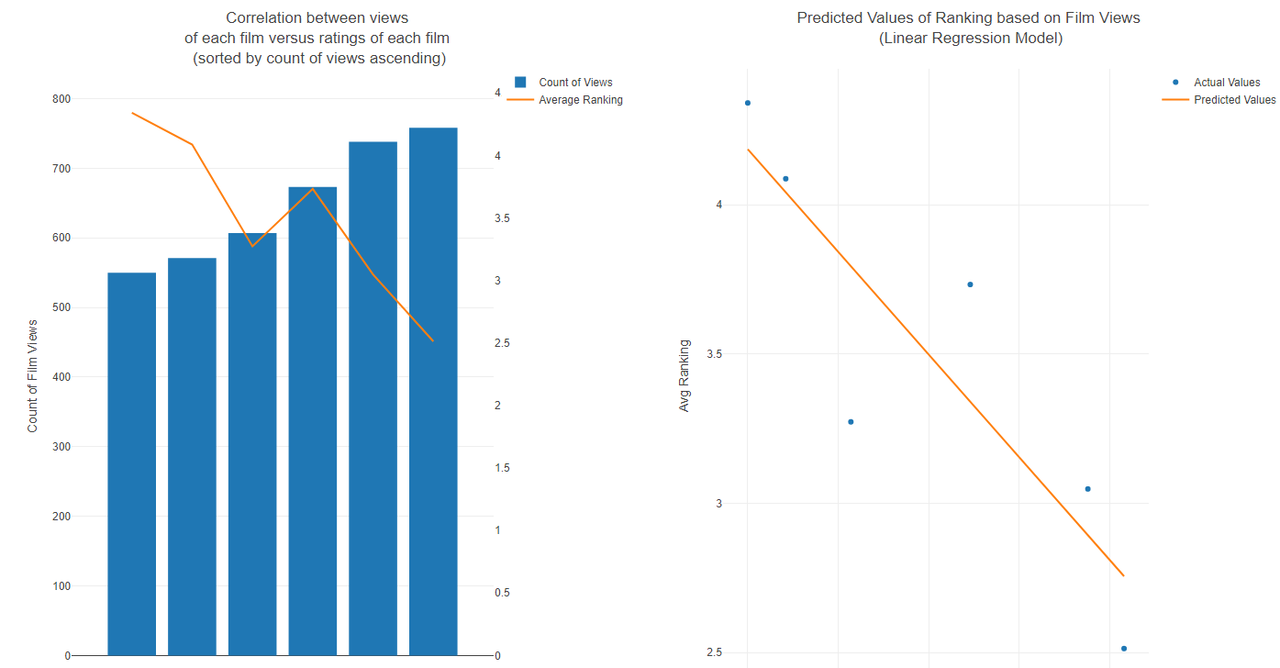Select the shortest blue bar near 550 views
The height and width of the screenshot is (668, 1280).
pos(131,464)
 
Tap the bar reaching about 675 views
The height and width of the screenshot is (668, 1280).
pos(313,421)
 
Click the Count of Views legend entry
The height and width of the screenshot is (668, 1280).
pos(574,83)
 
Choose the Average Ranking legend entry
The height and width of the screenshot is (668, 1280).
pos(580,100)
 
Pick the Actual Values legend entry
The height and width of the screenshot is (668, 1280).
pos(1226,83)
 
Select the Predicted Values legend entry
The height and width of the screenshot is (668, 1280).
pos(1234,100)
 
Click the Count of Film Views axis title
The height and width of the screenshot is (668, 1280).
pos(33,376)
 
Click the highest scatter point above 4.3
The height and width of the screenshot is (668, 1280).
pos(748,103)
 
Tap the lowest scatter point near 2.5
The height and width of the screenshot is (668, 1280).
pos(1123,649)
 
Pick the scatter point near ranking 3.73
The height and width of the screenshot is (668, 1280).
pos(970,284)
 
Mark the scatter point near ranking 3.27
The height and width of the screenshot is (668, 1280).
pos(851,422)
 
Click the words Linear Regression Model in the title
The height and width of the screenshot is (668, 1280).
pos(970,39)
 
